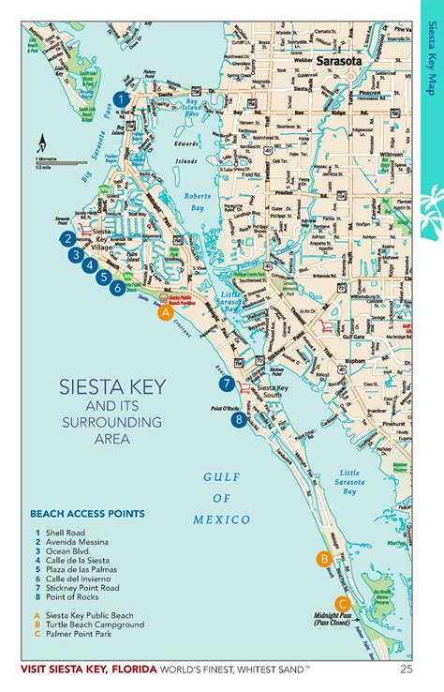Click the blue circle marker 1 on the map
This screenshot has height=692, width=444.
point(120,98)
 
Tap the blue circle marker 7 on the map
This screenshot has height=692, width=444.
point(226,384)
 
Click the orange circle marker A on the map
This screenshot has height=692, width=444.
point(165,313)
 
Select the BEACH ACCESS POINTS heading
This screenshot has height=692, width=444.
point(87,514)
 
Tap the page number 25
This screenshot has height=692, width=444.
point(406,669)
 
